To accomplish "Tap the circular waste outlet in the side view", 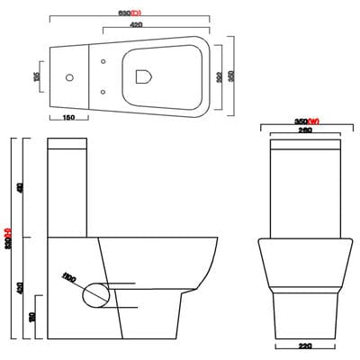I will tap(96, 292).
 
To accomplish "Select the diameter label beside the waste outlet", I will tap(68, 276).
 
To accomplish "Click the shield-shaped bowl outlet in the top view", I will tap(142, 77).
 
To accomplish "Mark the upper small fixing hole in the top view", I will tap(104, 62).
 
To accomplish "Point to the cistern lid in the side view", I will tap(69, 142).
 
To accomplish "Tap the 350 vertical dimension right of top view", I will tap(231, 77).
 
